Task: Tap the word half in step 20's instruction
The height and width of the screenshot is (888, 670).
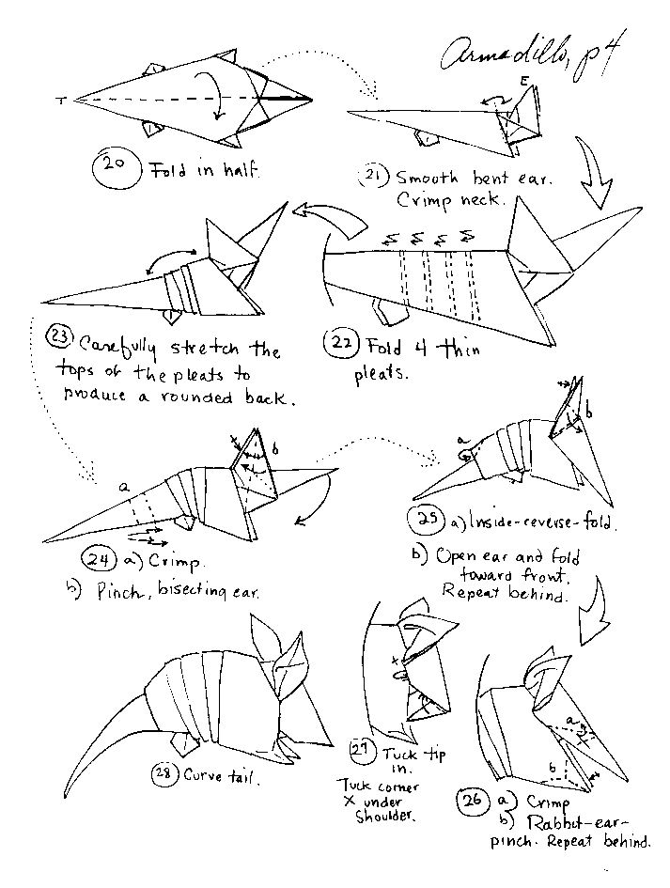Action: click(x=234, y=172)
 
